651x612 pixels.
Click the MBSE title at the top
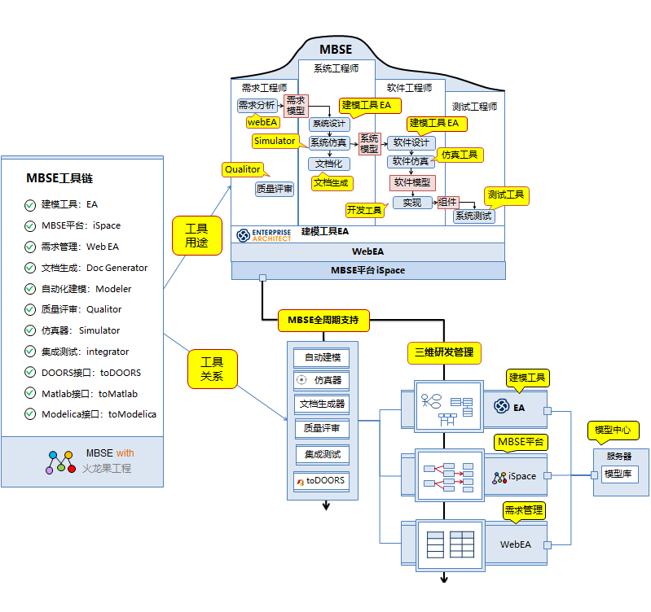tap(336, 50)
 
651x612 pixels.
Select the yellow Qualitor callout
tap(243, 169)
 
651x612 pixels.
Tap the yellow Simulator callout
tap(275, 141)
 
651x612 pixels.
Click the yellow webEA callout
tap(262, 122)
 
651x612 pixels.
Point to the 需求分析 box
tap(257, 105)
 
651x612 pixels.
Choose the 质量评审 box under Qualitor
tap(275, 189)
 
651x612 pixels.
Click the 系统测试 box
tap(473, 216)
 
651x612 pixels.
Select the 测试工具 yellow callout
tap(505, 195)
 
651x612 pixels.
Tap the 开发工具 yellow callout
tap(364, 211)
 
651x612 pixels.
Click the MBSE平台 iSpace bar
tap(368, 270)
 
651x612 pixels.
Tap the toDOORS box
tap(325, 481)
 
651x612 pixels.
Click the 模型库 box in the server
tap(619, 474)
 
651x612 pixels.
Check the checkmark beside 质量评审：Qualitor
tap(30, 309)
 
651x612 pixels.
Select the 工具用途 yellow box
tap(196, 236)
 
